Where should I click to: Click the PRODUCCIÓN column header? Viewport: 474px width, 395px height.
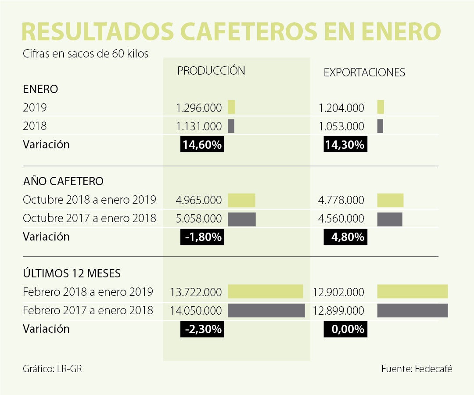[x=211, y=71]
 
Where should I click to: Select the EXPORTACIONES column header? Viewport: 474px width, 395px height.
[x=364, y=73]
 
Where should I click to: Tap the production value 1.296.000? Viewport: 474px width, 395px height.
[x=199, y=108]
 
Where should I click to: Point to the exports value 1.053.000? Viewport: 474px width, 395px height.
[x=341, y=126]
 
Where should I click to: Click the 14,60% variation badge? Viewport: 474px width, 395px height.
[x=202, y=145]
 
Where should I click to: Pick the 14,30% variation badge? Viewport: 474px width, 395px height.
[x=345, y=145]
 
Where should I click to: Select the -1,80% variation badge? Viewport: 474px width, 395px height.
[x=202, y=237]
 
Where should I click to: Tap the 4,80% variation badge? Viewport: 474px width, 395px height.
[x=345, y=237]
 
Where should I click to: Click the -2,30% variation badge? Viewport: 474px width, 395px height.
[x=202, y=329]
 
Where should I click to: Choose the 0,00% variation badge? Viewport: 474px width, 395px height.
[x=345, y=329]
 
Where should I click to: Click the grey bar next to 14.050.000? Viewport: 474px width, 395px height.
[x=266, y=310]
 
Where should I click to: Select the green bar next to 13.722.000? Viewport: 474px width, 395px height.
[x=265, y=291]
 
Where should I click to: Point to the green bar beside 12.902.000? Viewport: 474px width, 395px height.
[x=413, y=291]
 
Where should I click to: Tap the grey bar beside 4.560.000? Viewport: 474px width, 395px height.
[x=390, y=219]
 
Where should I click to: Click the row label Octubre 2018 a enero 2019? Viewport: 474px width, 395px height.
[x=90, y=200]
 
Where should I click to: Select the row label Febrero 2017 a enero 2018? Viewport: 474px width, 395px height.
[x=88, y=310]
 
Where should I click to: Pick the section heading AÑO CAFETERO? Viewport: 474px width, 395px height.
[x=63, y=181]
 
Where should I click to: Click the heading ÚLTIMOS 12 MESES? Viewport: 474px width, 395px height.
[x=72, y=273]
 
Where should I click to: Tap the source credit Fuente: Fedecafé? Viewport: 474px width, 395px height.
[x=417, y=369]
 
